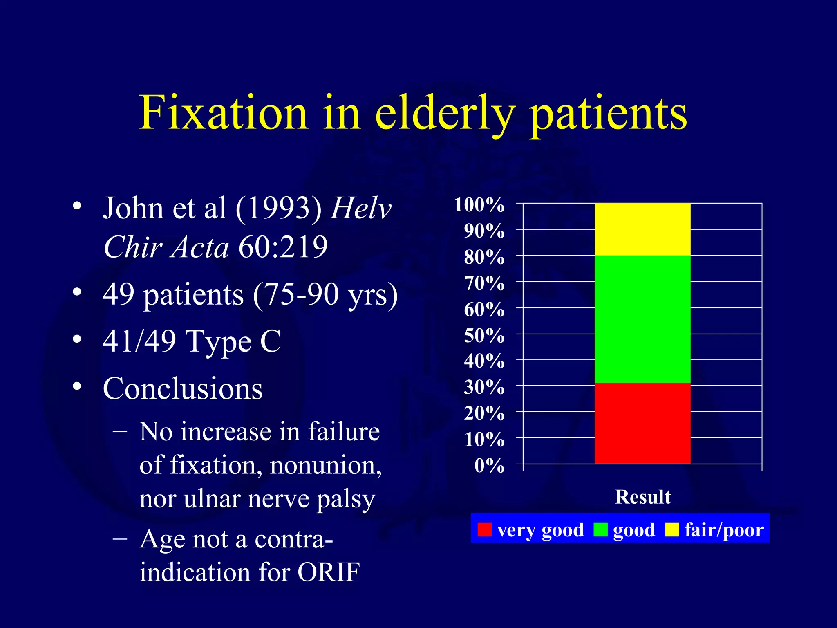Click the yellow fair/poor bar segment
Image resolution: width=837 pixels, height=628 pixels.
pyautogui.click(x=642, y=229)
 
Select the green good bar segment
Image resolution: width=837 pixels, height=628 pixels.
pyautogui.click(x=642, y=319)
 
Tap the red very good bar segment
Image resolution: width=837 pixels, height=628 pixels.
pyautogui.click(x=642, y=423)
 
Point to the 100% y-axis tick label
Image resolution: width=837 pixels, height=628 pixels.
pyautogui.click(x=479, y=204)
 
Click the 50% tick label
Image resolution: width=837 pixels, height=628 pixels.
pyautogui.click(x=484, y=335)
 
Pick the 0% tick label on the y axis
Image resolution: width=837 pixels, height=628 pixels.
pyautogui.click(x=489, y=465)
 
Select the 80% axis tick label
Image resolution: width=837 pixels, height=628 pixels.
pyautogui.click(x=484, y=257)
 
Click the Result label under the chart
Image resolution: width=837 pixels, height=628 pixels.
pyautogui.click(x=642, y=497)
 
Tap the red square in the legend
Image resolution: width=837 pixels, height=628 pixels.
pyautogui.click(x=484, y=529)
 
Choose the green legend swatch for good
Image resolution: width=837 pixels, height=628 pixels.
pyautogui.click(x=600, y=529)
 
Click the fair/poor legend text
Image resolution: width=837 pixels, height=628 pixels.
pyautogui.click(x=724, y=530)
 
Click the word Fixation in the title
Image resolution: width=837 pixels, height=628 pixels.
pyautogui.click(x=223, y=112)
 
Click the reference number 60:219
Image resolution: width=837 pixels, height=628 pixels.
pyautogui.click(x=283, y=247)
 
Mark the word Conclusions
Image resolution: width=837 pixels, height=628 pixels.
pyautogui.click(x=183, y=388)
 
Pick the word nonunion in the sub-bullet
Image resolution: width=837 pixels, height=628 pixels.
pyautogui.click(x=325, y=465)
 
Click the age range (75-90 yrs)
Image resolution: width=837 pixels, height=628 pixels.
pyautogui.click(x=325, y=294)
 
